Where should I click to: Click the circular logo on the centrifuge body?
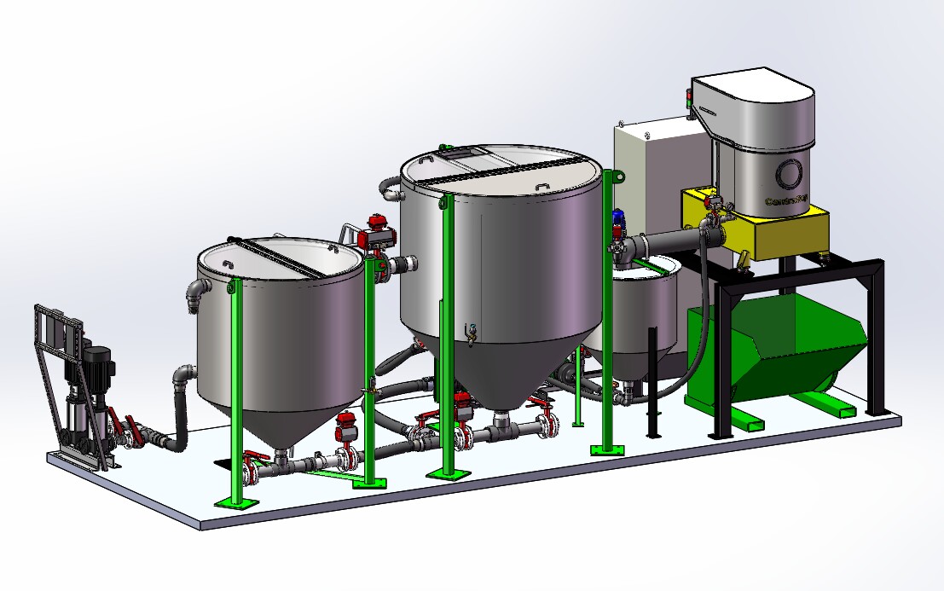pyautogui.click(x=789, y=176)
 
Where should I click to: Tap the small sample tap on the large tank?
pyautogui.click(x=468, y=331)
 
